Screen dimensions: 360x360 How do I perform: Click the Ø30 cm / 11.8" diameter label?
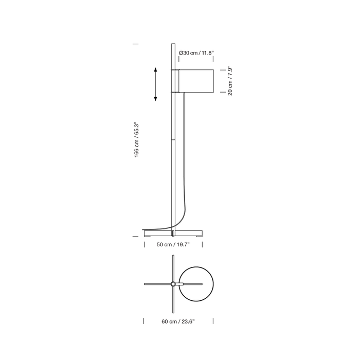tap(196, 53)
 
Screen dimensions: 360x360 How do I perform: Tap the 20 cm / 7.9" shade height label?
tap(230, 81)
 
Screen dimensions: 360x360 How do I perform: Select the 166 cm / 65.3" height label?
tap(137, 140)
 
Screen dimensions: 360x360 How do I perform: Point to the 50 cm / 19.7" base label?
tap(173, 245)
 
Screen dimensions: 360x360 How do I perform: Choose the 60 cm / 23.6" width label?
tap(178, 321)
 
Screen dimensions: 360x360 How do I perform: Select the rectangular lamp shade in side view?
tap(195, 80)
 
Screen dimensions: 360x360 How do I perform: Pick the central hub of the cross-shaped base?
tap(173, 284)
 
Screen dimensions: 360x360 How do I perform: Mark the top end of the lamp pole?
tap(173, 45)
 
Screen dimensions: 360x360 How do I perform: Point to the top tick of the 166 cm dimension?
tap(136, 44)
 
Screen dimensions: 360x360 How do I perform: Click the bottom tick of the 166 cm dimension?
tap(136, 236)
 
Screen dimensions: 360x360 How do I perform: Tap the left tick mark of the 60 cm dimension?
tap(143, 321)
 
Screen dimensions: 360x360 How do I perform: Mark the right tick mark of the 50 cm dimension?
tap(204, 245)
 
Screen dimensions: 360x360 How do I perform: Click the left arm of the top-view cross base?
tap(157, 284)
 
